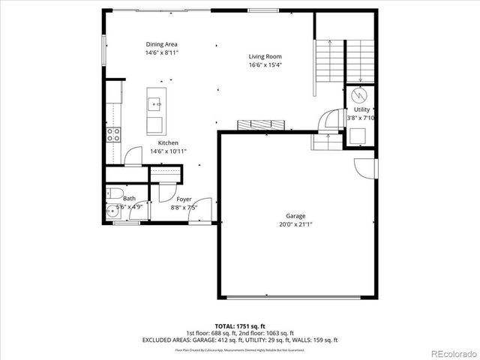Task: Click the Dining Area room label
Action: pyautogui.click(x=161, y=44)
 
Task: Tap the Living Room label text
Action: pyautogui.click(x=265, y=56)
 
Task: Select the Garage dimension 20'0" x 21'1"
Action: pyautogui.click(x=295, y=223)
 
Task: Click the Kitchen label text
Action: pyautogui.click(x=167, y=142)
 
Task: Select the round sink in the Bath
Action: pyautogui.click(x=114, y=210)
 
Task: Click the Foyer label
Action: pyautogui.click(x=184, y=199)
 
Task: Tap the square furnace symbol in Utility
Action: pyautogui.click(x=358, y=136)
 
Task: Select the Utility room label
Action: pyautogui.click(x=361, y=109)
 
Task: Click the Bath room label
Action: pyautogui.click(x=129, y=199)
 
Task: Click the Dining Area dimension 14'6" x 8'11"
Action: pyautogui.click(x=161, y=52)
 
